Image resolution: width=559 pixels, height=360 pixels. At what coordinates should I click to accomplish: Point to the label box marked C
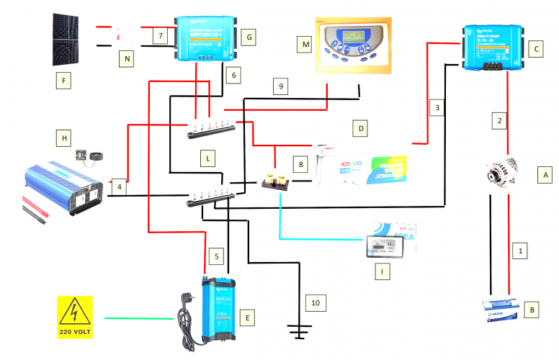click(534, 49)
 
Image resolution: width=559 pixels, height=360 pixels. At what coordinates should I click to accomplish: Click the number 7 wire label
click(161, 35)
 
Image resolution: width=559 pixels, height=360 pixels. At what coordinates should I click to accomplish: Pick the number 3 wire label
click(436, 108)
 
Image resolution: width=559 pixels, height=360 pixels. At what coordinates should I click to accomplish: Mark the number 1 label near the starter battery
click(516, 252)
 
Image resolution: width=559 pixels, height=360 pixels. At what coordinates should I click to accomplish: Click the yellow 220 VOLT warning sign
click(74, 317)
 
